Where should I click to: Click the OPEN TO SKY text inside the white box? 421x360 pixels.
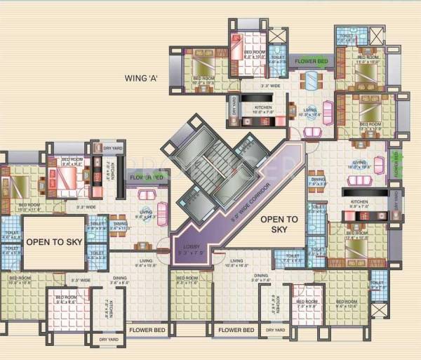click(x=53, y=241)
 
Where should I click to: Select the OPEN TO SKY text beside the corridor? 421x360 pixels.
click(x=279, y=224)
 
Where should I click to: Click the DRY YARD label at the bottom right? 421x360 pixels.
click(x=275, y=330)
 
